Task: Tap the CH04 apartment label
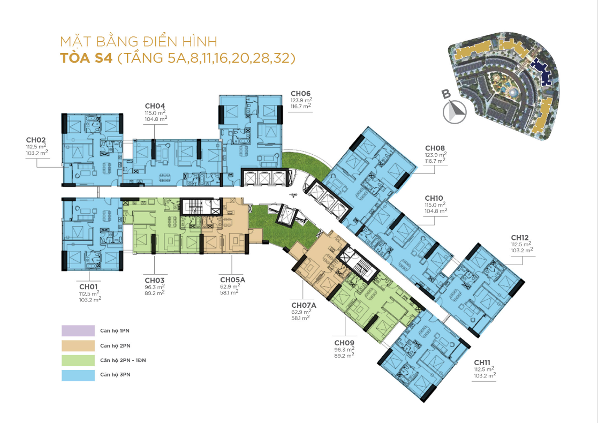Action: [x=155, y=105]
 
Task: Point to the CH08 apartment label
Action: [x=435, y=148]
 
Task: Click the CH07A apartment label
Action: [x=303, y=305]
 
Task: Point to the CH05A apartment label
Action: [x=232, y=280]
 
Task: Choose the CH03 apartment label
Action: [x=154, y=280]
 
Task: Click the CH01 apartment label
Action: [x=88, y=286]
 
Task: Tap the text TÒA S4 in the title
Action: [x=86, y=58]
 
